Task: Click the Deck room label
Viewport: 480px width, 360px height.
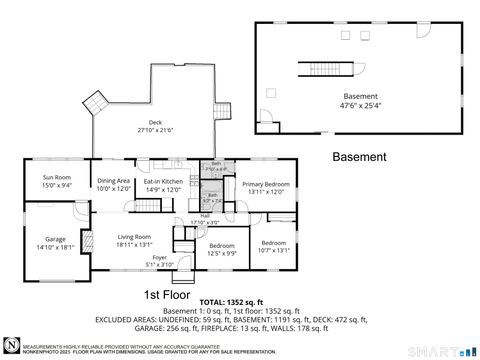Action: tap(156, 122)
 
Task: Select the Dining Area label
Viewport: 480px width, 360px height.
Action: tap(114, 181)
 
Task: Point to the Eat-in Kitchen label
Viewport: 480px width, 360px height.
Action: tap(165, 181)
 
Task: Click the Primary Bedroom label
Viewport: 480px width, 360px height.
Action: tap(265, 184)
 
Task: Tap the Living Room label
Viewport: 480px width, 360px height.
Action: tap(133, 237)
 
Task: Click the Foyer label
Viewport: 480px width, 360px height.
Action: tap(159, 258)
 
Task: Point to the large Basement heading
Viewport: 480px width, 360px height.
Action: tap(359, 157)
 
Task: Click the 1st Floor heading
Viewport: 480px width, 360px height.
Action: tap(167, 294)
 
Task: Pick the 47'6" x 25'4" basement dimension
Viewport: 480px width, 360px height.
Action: tap(360, 103)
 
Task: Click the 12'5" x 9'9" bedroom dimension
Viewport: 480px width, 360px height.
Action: tap(222, 252)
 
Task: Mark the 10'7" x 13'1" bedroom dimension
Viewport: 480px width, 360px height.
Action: tap(274, 250)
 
